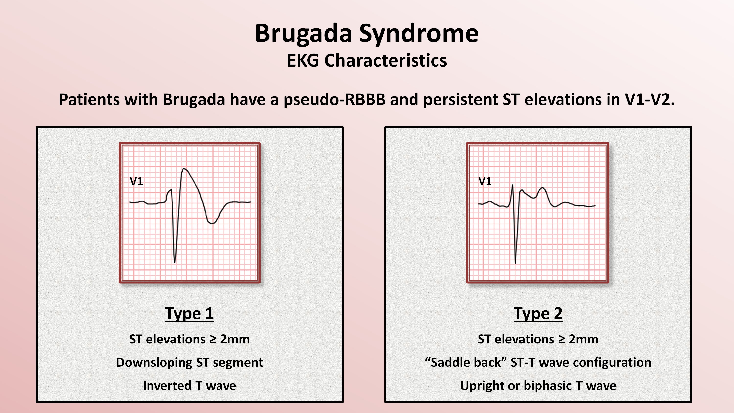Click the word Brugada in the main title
click(303, 34)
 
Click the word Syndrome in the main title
click(419, 34)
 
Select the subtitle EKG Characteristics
click(367, 60)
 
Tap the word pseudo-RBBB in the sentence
click(334, 99)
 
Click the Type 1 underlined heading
click(189, 314)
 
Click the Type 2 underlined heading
click(538, 314)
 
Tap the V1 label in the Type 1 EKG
click(136, 181)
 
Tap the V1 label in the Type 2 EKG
click(485, 181)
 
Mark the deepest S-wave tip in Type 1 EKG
click(175, 262)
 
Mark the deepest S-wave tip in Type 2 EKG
click(515, 263)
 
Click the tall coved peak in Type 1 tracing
click(184, 169)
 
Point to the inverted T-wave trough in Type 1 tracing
click(211, 223)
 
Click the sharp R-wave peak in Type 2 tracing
click(512, 185)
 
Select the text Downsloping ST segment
click(189, 363)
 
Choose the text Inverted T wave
click(189, 386)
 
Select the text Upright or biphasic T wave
click(538, 386)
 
